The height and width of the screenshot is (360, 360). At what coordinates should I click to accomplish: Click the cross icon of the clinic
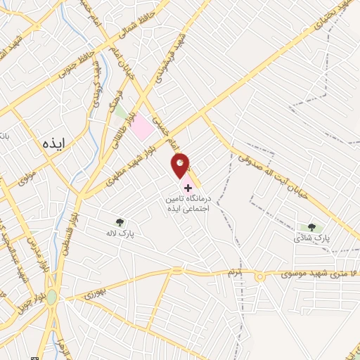pos(187,188)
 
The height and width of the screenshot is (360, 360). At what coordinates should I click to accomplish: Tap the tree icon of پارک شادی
pos(311,227)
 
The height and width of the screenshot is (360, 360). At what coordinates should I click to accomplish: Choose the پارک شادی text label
pos(311,239)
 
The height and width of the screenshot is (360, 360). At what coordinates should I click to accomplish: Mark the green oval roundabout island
pos(51,297)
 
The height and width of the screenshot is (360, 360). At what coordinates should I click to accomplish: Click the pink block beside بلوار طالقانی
pos(143,127)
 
